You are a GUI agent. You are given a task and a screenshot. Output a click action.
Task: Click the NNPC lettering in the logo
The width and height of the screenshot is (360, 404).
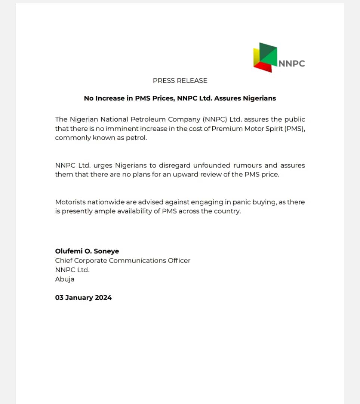click(292, 63)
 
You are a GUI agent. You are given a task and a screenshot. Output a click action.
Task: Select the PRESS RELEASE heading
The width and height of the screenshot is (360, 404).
click(180, 80)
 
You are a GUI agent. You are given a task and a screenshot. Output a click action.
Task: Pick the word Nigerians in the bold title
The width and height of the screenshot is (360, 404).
click(259, 98)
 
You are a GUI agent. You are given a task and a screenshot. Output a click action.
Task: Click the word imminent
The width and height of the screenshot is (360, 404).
click(135, 129)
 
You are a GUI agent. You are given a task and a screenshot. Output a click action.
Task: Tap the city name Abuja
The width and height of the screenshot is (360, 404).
click(65, 279)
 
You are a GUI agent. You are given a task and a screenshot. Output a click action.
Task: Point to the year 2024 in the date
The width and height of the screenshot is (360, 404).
click(103, 298)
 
